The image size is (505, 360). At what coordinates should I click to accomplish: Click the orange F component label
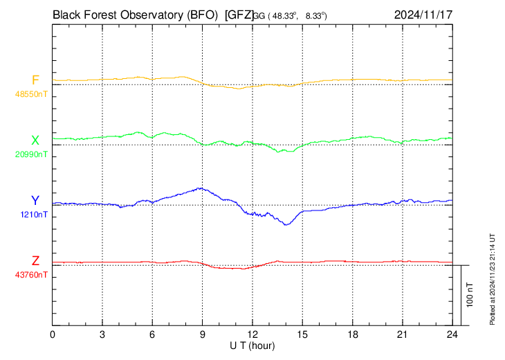point(35,80)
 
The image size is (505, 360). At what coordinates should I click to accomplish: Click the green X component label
point(35,140)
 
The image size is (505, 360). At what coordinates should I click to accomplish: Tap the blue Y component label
point(35,200)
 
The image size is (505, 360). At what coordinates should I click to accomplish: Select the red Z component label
point(35,260)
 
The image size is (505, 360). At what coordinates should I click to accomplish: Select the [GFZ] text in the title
point(238,14)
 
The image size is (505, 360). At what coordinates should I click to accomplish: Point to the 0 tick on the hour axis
point(53,334)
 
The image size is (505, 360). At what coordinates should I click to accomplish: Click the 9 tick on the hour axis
point(203,334)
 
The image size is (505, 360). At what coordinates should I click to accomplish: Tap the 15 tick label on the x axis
point(302,334)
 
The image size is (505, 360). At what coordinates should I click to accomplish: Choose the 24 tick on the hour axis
point(452,334)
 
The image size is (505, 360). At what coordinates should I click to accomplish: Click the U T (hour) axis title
point(252,345)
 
